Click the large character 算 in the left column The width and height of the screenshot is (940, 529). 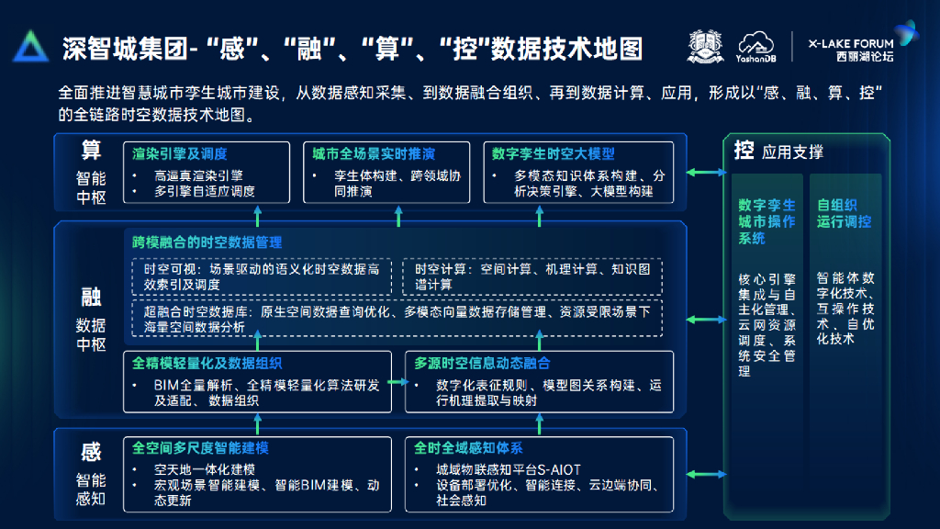pyautogui.click(x=91, y=150)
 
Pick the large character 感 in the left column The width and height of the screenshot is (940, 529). pyautogui.click(x=91, y=452)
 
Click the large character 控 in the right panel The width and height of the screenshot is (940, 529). pyautogui.click(x=744, y=151)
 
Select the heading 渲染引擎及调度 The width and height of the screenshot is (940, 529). pyautogui.click(x=180, y=153)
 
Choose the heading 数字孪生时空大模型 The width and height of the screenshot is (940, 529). pyautogui.click(x=553, y=153)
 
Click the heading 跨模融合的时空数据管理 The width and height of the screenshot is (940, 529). pyautogui.click(x=207, y=242)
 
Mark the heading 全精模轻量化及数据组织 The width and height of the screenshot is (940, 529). pyautogui.click(x=207, y=363)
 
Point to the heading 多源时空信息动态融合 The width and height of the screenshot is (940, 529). pyautogui.click(x=482, y=363)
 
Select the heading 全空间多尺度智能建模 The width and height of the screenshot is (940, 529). pyautogui.click(x=200, y=448)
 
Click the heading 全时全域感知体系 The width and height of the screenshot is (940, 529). pyautogui.click(x=468, y=448)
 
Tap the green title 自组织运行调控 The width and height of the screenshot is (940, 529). pyautogui.click(x=845, y=214)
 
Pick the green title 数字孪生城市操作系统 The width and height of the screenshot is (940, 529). pyautogui.click(x=767, y=221)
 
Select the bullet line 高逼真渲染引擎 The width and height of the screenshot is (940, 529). pyautogui.click(x=198, y=175)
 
